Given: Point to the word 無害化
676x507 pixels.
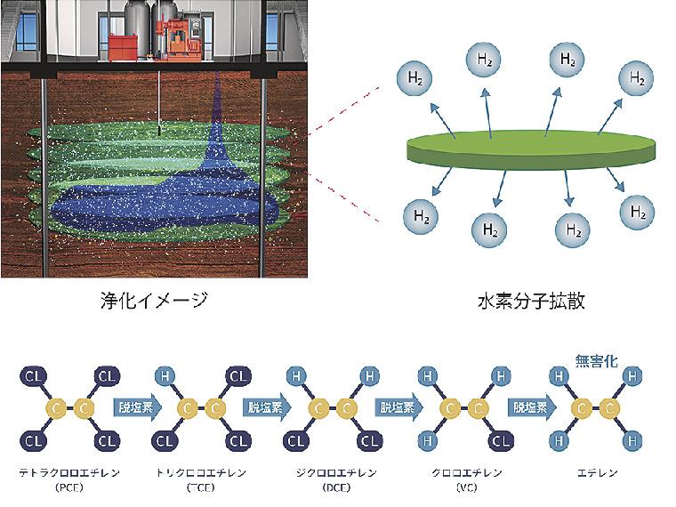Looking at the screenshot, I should click(x=596, y=362).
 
